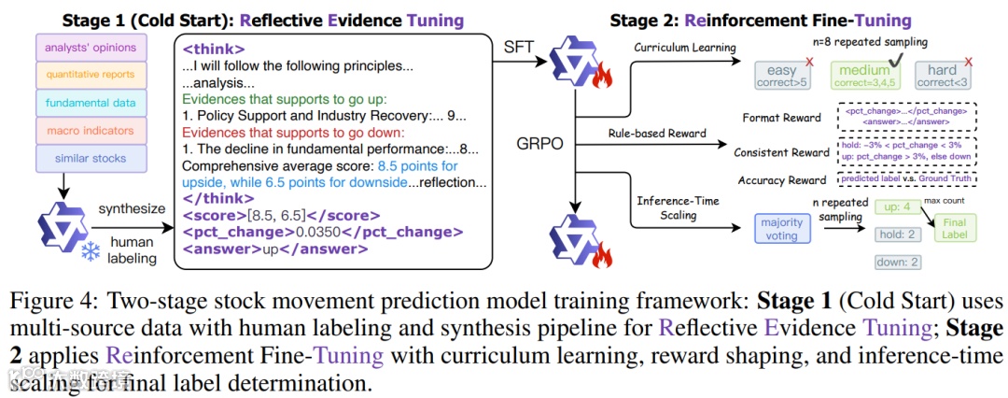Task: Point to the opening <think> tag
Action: tap(215, 49)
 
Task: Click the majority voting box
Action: tap(782, 230)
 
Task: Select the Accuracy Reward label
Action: tap(781, 180)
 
